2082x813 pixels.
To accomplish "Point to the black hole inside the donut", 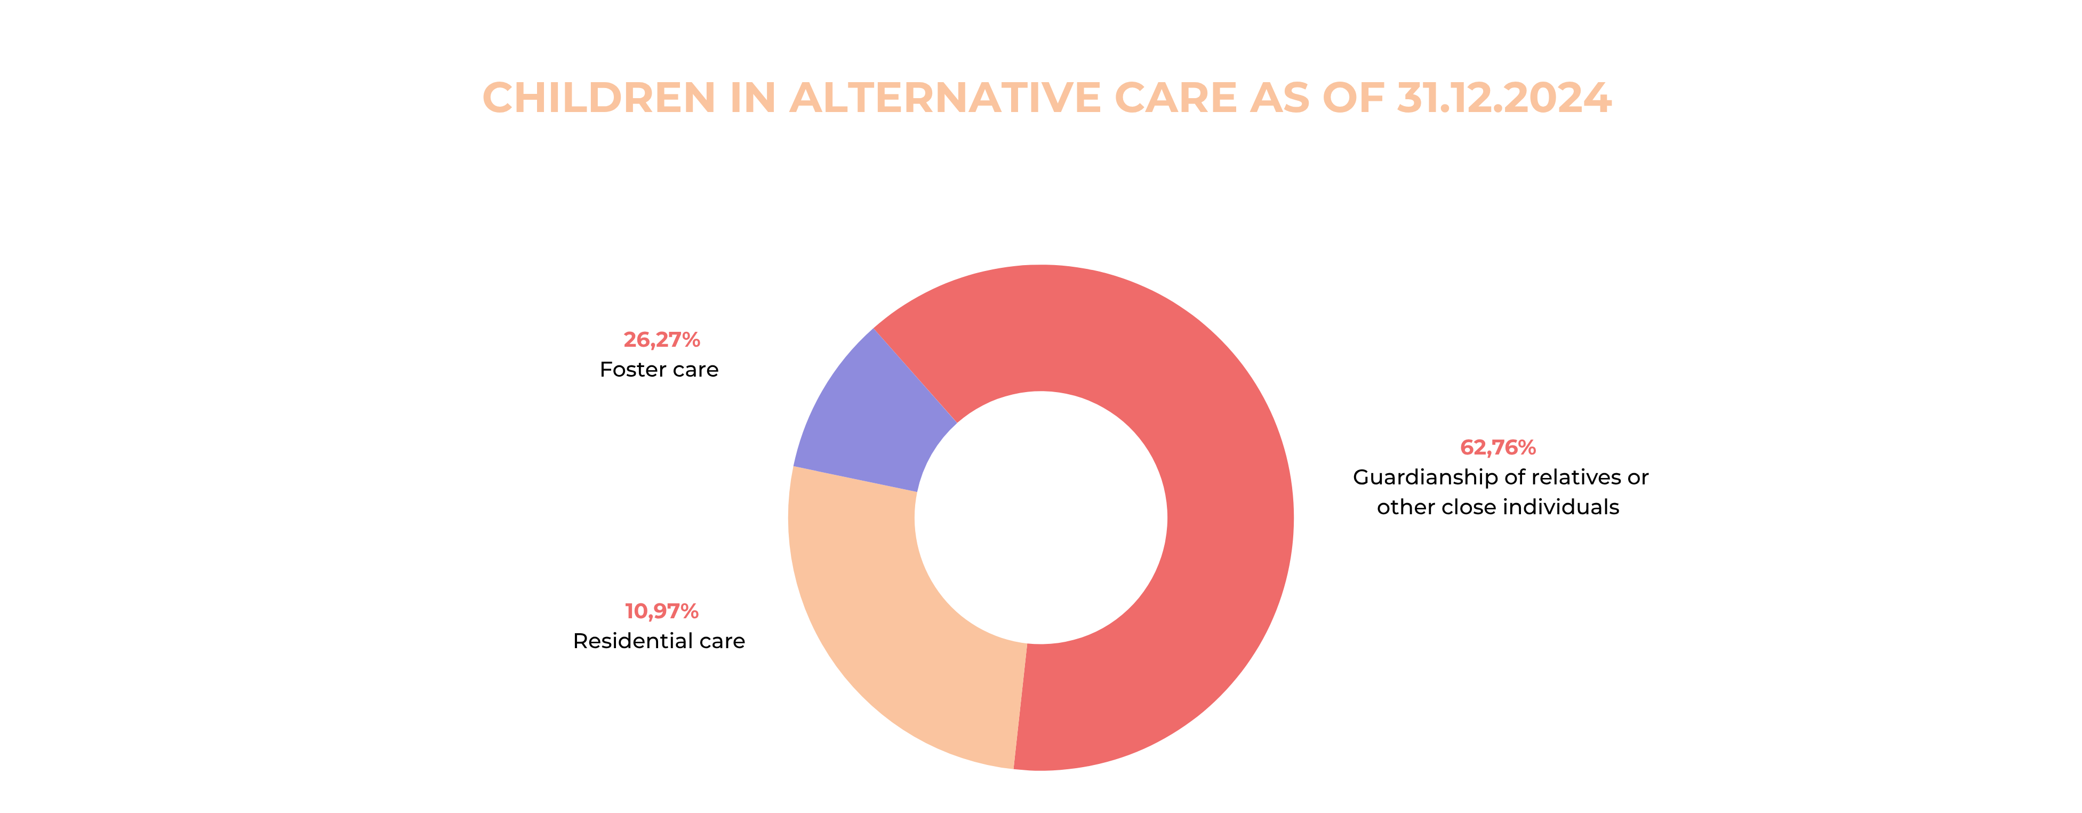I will point(1041,518).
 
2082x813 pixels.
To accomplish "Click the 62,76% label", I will point(1498,448).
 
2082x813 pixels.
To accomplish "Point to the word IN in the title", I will point(752,98).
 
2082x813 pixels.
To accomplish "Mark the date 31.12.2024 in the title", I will point(1504,98).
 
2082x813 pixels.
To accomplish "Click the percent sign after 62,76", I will point(1525,448).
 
